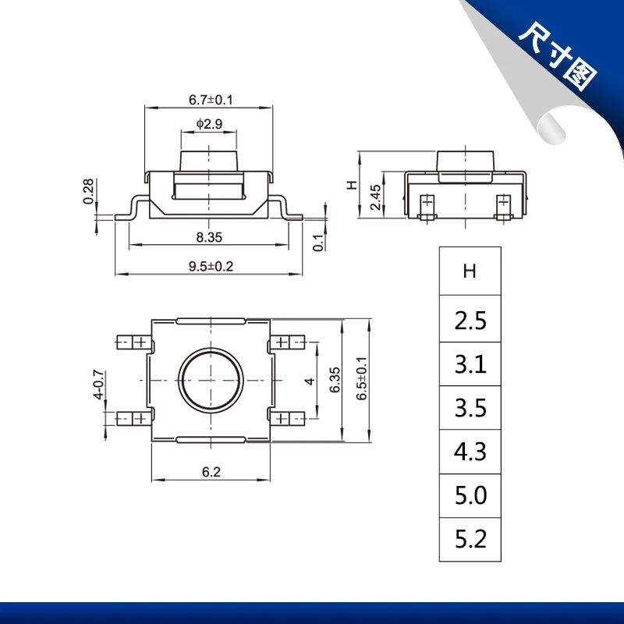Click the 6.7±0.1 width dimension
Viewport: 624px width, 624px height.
tap(211, 100)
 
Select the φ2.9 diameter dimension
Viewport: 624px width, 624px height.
tap(209, 124)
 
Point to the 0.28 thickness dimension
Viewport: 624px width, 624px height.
tap(88, 191)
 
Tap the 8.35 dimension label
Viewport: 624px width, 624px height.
tap(209, 237)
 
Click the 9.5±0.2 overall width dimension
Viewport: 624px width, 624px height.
tap(211, 266)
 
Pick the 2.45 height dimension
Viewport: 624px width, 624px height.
tap(375, 197)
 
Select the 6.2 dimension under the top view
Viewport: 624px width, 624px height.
tap(211, 472)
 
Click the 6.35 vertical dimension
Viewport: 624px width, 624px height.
tap(335, 380)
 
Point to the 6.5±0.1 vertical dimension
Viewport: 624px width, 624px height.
tap(361, 378)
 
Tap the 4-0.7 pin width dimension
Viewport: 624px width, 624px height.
tap(98, 385)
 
